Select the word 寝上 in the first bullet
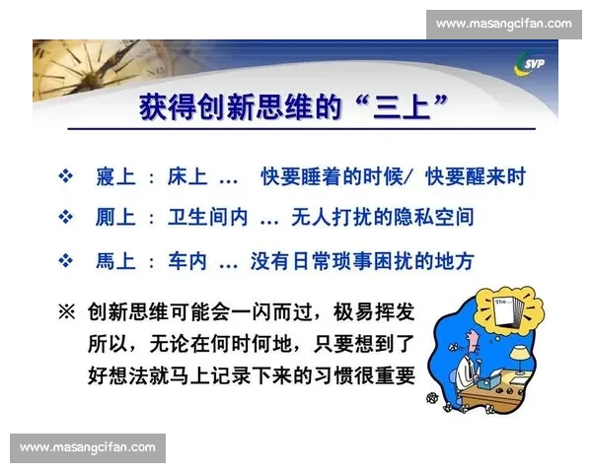(x=114, y=176)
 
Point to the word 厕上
(x=114, y=215)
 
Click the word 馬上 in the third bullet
(x=114, y=261)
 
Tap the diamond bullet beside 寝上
(x=67, y=176)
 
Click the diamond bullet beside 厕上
(x=67, y=215)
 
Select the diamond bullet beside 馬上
(x=67, y=261)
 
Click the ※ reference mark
(x=66, y=312)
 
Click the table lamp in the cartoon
(x=515, y=351)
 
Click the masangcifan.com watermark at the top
(x=504, y=23)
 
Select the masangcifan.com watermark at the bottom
(x=88, y=447)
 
